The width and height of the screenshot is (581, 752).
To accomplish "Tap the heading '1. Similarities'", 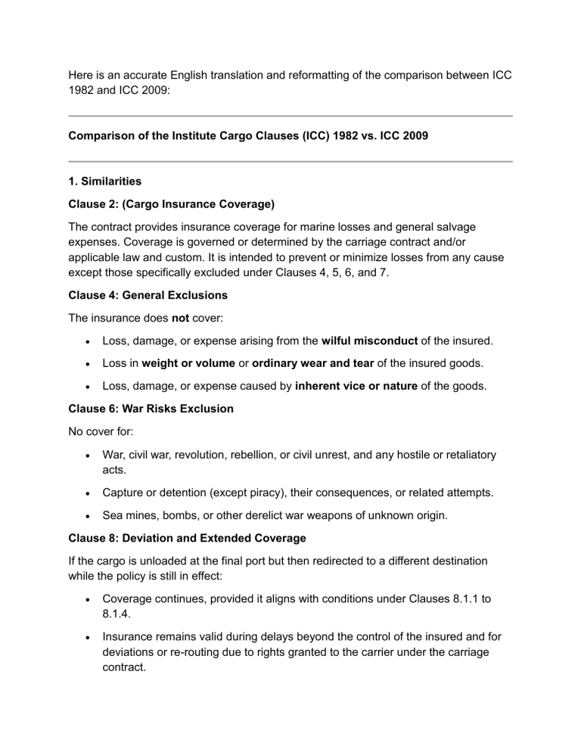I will coord(105,182).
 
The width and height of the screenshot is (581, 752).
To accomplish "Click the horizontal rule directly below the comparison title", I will coord(290,161).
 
